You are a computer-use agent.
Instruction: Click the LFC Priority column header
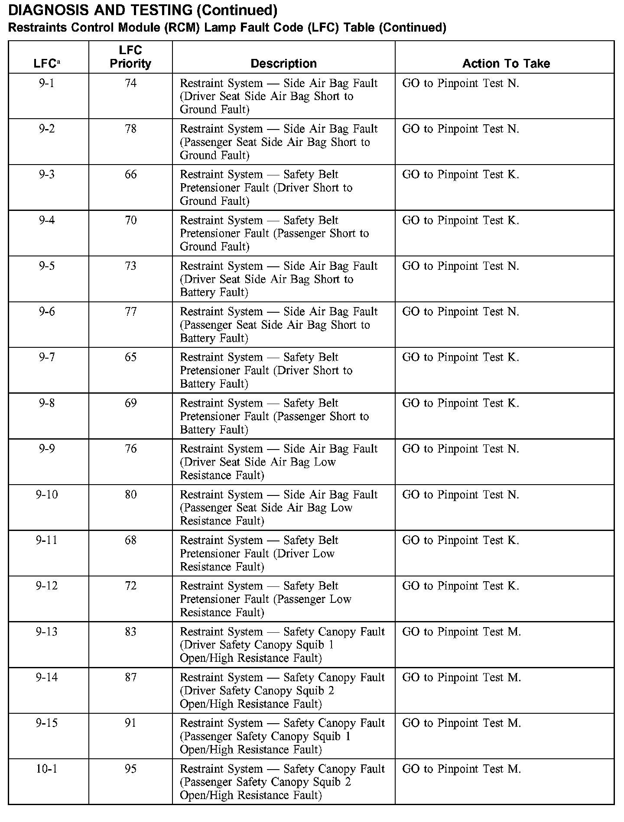coord(130,57)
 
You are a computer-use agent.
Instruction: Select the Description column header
coord(283,64)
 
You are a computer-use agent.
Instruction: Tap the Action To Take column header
coord(506,64)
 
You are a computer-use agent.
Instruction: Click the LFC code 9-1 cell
coord(47,83)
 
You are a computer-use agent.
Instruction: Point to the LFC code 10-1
coord(47,769)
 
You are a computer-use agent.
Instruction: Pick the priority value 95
coord(130,769)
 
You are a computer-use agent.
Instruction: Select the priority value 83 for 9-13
coord(130,632)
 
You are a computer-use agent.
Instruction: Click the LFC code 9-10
coord(47,495)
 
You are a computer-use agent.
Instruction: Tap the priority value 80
coord(130,495)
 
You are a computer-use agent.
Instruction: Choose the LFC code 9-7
coord(47,357)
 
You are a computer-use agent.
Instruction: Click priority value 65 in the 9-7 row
coord(130,357)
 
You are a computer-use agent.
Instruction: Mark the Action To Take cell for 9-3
coord(460,175)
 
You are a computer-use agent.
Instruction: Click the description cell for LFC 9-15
coord(282,736)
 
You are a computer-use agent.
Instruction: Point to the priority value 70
coord(130,220)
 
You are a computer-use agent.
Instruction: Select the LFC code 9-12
coord(47,586)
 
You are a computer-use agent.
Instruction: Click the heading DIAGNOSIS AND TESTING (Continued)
coord(143,10)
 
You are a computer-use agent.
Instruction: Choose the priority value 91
coord(130,723)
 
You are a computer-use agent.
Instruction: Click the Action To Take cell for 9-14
coord(461,677)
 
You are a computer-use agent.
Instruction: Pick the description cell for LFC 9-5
coord(279,279)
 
